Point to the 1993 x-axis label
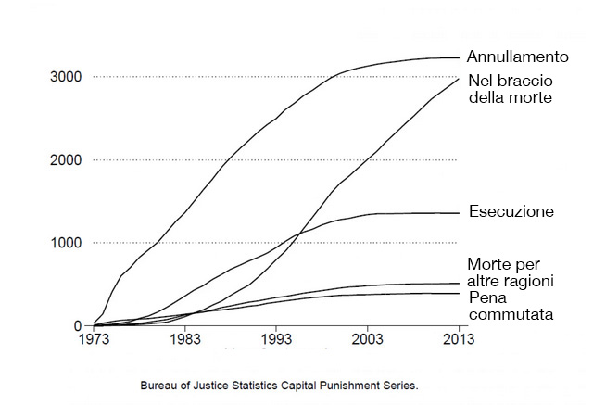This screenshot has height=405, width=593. pyautogui.click(x=276, y=340)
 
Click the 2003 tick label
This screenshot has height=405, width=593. pyautogui.click(x=368, y=340)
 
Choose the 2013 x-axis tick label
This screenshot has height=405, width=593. pyautogui.click(x=459, y=340)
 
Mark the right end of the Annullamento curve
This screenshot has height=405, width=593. pyautogui.click(x=459, y=57)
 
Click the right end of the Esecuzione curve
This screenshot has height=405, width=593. pyautogui.click(x=459, y=213)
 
